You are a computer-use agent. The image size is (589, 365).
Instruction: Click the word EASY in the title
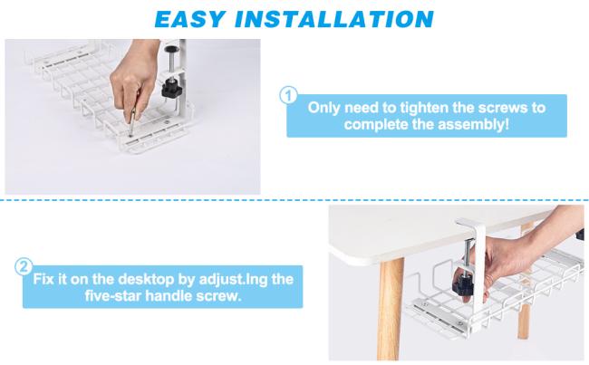(189, 19)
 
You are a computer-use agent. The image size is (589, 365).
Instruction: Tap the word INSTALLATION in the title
(334, 19)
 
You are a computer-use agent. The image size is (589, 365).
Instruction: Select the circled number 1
(288, 95)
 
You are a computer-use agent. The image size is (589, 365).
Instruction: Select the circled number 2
(24, 267)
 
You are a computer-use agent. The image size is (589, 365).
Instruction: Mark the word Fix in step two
(43, 279)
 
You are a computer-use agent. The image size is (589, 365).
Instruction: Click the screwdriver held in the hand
(132, 121)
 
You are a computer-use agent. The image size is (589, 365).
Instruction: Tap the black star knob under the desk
(463, 284)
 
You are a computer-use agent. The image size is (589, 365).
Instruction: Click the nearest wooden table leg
(391, 309)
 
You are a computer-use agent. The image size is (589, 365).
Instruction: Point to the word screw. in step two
(219, 296)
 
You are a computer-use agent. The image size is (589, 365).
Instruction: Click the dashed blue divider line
(294, 200)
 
